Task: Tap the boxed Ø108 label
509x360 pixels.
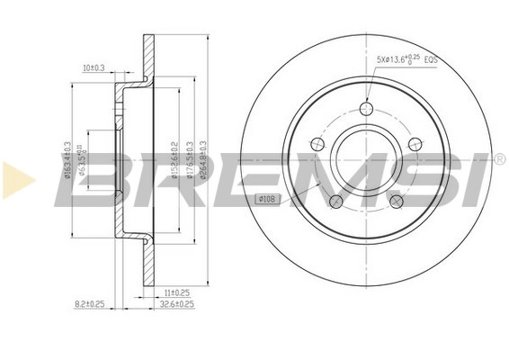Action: [267, 197]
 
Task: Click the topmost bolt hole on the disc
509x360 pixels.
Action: [366, 109]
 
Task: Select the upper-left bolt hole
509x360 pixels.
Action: [317, 145]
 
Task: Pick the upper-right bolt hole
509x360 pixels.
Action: [415, 145]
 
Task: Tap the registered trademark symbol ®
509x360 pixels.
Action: [499, 160]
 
